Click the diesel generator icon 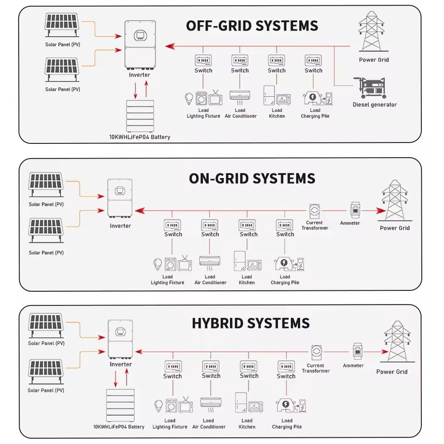[x=370, y=87]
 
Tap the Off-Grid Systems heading [x=252, y=26]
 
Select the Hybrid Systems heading [x=251, y=323]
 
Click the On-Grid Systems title [x=252, y=179]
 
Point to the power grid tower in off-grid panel [x=371, y=31]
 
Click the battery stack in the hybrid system [x=120, y=406]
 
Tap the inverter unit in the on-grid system [x=120, y=198]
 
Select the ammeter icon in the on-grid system [x=355, y=210]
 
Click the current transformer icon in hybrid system [x=316, y=352]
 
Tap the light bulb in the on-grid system [x=158, y=265]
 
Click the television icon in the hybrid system [x=186, y=405]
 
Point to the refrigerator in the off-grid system [x=269, y=95]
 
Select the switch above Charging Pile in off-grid [x=313, y=60]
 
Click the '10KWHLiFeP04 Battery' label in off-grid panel [x=140, y=137]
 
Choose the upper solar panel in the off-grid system [x=62, y=25]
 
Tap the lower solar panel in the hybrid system [x=46, y=372]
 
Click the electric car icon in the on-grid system [x=284, y=264]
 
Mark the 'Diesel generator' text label [x=375, y=105]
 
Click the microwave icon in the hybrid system [x=255, y=407]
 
